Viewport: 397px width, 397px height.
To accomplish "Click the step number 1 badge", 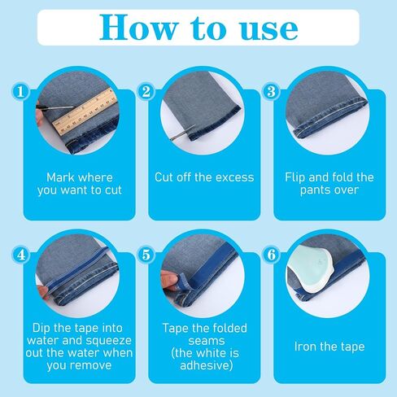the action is click(20, 91).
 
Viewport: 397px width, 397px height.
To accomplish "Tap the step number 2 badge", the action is click(146, 91).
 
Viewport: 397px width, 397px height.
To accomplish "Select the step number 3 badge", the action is click(272, 91).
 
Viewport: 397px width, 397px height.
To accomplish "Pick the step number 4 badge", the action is click(20, 255).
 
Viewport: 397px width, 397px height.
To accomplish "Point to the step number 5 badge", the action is click(146, 255).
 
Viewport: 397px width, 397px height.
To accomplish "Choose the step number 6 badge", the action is click(272, 255).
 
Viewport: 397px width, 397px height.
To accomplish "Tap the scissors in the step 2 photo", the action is click(182, 133).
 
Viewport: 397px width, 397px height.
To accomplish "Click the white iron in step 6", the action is click(311, 268).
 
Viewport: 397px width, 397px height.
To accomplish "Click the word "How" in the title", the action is click(138, 28).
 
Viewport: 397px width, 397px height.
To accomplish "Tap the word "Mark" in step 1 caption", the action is click(60, 177).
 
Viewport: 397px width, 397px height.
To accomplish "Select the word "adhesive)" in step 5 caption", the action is click(207, 365).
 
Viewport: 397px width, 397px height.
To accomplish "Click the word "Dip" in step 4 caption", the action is click(41, 329).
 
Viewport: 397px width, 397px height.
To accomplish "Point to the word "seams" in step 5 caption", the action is click(207, 341).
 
